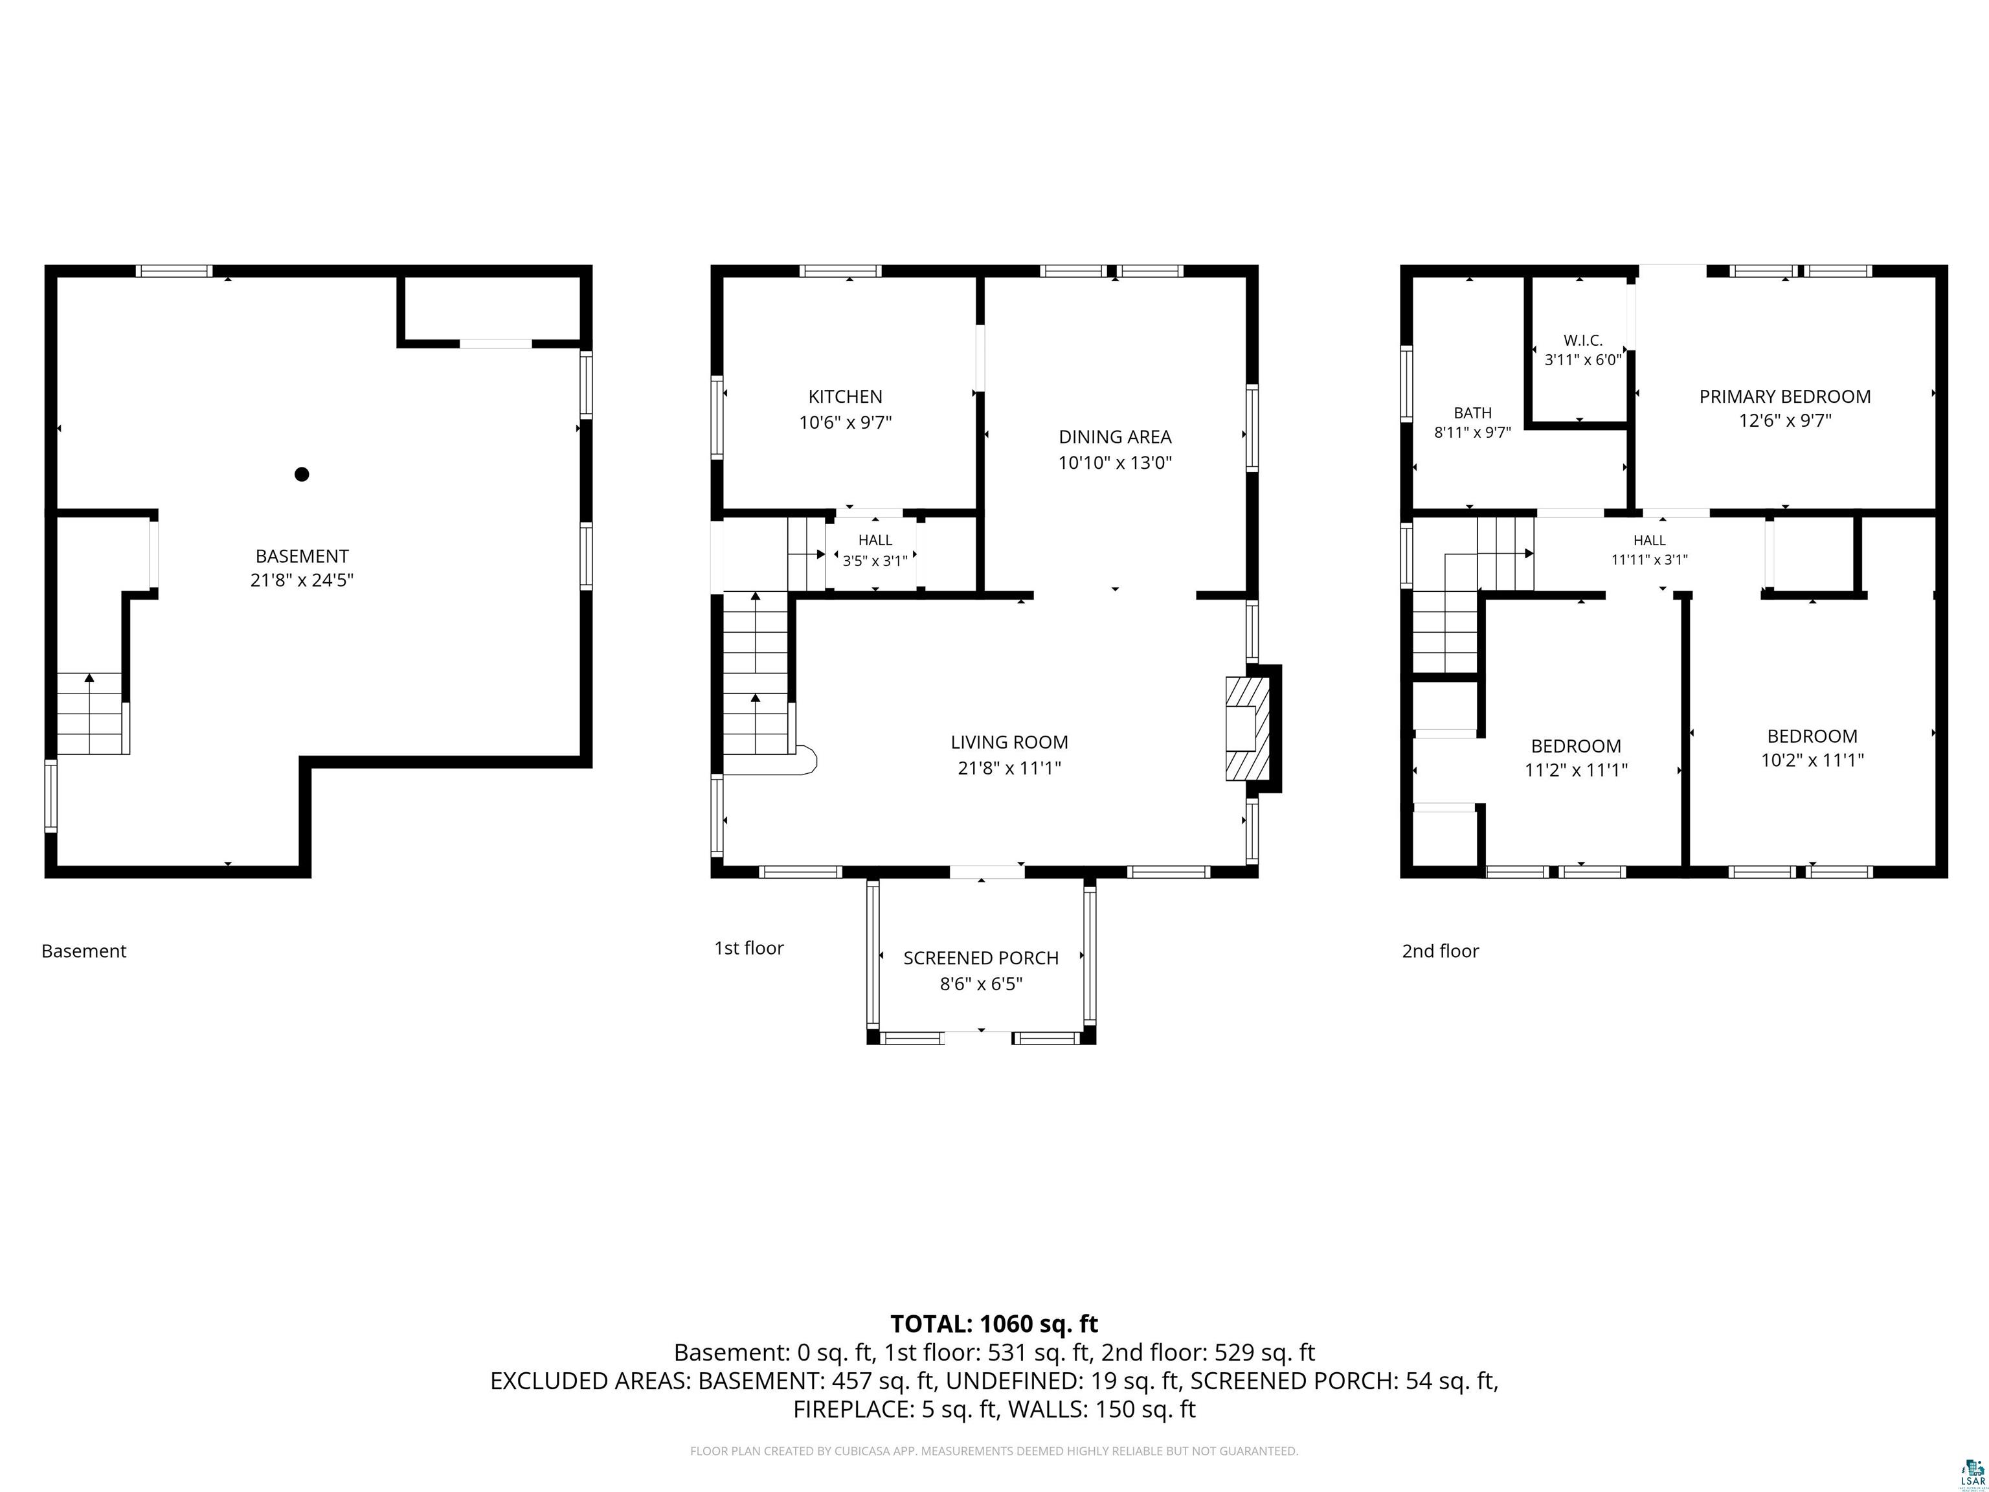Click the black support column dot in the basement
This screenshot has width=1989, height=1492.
point(302,474)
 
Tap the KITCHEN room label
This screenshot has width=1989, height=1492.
point(845,396)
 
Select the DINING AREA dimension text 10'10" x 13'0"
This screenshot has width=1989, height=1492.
point(1115,463)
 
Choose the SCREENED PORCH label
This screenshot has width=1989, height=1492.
point(981,958)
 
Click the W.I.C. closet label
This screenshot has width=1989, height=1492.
point(1582,341)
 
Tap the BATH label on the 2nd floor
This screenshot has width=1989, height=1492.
point(1473,413)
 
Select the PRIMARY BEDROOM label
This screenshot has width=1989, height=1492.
point(1785,396)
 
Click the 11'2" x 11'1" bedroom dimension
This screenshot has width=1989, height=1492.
point(1577,770)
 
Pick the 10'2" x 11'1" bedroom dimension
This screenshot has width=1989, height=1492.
point(1812,760)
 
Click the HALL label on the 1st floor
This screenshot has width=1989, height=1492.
point(875,539)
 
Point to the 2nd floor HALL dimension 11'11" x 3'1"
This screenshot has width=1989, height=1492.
point(1649,559)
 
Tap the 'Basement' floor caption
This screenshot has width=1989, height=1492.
point(84,951)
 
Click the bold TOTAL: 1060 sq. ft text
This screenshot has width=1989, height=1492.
point(994,1324)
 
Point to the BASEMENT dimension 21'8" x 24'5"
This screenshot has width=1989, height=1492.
point(302,580)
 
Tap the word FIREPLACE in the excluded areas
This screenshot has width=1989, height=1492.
point(854,1409)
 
